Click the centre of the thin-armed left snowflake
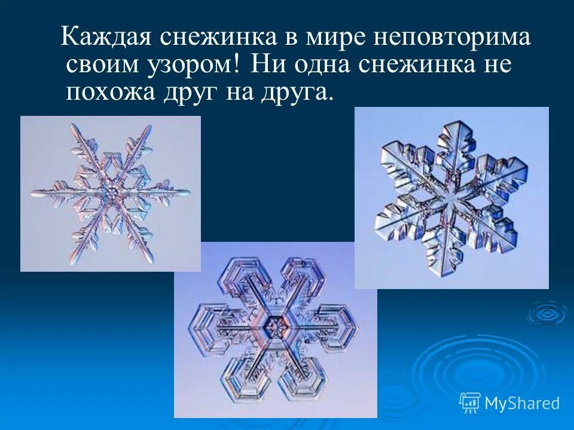(111, 192)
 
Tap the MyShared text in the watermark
(521, 404)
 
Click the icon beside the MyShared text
(470, 403)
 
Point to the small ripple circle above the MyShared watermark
(546, 312)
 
